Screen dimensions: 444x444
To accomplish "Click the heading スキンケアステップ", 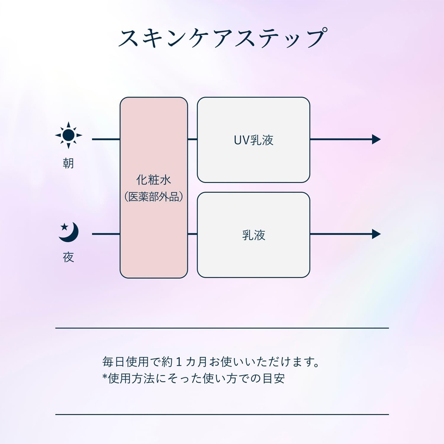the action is click(x=222, y=37).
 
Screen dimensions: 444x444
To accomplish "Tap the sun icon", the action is click(x=69, y=135).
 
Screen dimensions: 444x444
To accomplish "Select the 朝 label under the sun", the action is click(x=68, y=163).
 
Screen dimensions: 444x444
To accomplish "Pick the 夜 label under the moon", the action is click(x=68, y=258).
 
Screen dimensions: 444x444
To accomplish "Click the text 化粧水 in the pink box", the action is click(x=153, y=180).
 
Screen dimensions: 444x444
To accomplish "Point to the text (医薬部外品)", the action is click(x=154, y=196).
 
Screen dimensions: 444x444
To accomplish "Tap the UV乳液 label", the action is click(x=254, y=140).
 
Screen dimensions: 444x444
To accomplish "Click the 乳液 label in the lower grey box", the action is click(x=254, y=235).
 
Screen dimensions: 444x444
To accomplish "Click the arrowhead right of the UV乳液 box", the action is click(x=376, y=139).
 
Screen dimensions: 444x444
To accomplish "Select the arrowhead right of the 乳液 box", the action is click(x=376, y=234).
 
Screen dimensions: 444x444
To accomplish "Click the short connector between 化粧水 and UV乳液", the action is click(x=192, y=139).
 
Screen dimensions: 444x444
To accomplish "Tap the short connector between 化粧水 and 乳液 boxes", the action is click(x=192, y=234).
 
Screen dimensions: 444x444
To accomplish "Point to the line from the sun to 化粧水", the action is click(x=106, y=139).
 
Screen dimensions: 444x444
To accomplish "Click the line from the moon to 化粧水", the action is click(x=106, y=234).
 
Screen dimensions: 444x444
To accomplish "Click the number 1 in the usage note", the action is click(x=179, y=362).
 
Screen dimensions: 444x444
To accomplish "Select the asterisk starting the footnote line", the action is click(x=105, y=376).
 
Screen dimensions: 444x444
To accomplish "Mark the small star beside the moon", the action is click(x=64, y=226).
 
